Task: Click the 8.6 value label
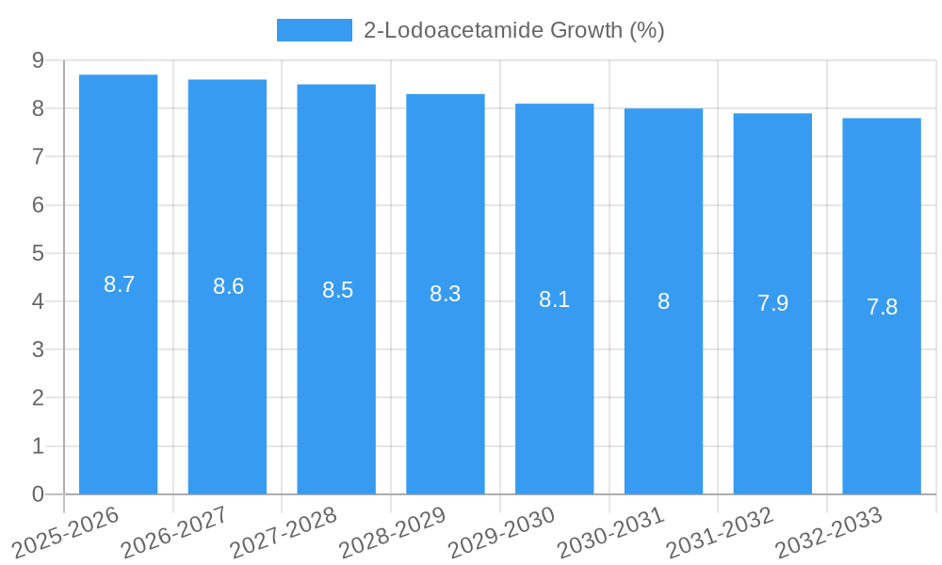[x=228, y=286]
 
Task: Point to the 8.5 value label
[x=337, y=290]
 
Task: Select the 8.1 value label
[x=554, y=299]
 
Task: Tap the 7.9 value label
[x=772, y=303]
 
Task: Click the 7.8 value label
[x=882, y=307]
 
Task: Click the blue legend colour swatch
[x=314, y=30]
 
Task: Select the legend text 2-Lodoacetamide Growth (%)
[x=513, y=30]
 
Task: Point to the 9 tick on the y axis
[x=38, y=60]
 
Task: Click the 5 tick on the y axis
[x=38, y=253]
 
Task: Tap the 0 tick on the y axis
[x=38, y=494]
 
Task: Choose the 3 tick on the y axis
[x=38, y=349]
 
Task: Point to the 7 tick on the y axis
[x=38, y=156]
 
